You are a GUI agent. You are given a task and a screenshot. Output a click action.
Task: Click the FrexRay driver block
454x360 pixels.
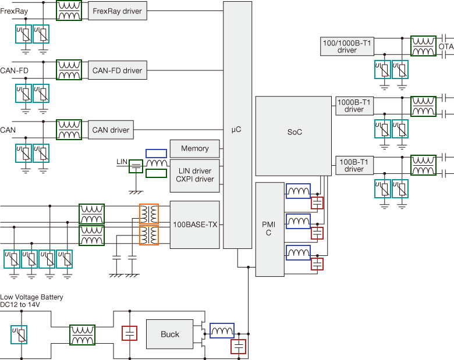(117, 11)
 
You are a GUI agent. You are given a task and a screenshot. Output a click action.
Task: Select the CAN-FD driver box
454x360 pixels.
(117, 70)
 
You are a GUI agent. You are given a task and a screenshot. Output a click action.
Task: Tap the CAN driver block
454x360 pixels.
(111, 130)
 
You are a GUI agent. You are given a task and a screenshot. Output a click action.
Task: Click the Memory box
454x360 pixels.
(194, 149)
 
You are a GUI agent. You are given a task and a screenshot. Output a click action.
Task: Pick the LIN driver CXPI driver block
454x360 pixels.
(194, 176)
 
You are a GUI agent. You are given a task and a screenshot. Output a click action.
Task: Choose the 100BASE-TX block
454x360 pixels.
(194, 224)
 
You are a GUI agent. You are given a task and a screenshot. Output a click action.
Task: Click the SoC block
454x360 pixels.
(293, 136)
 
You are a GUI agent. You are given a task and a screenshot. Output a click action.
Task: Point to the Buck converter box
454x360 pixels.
(170, 334)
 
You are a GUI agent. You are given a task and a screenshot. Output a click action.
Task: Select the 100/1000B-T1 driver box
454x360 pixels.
(347, 47)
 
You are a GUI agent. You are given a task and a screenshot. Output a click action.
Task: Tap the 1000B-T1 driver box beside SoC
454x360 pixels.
(354, 106)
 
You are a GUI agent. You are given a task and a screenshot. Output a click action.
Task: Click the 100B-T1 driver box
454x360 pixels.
(354, 165)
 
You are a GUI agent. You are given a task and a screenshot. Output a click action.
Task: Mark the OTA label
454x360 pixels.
(446, 47)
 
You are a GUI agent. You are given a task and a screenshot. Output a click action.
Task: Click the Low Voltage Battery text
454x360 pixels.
(31, 297)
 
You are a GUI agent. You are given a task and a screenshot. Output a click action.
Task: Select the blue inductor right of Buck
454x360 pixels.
(222, 330)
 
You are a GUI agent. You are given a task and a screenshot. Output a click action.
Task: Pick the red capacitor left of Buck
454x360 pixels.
(129, 333)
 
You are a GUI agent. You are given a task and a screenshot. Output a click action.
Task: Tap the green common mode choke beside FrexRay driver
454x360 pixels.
(69, 10)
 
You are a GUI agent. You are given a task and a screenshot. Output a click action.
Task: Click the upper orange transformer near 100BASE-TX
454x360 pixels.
(149, 214)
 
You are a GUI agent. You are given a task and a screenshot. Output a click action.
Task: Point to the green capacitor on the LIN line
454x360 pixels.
(136, 166)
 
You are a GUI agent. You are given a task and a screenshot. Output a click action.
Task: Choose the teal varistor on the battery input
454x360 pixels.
(19, 334)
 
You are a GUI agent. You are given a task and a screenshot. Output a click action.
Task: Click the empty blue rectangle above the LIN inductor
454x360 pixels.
(157, 154)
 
